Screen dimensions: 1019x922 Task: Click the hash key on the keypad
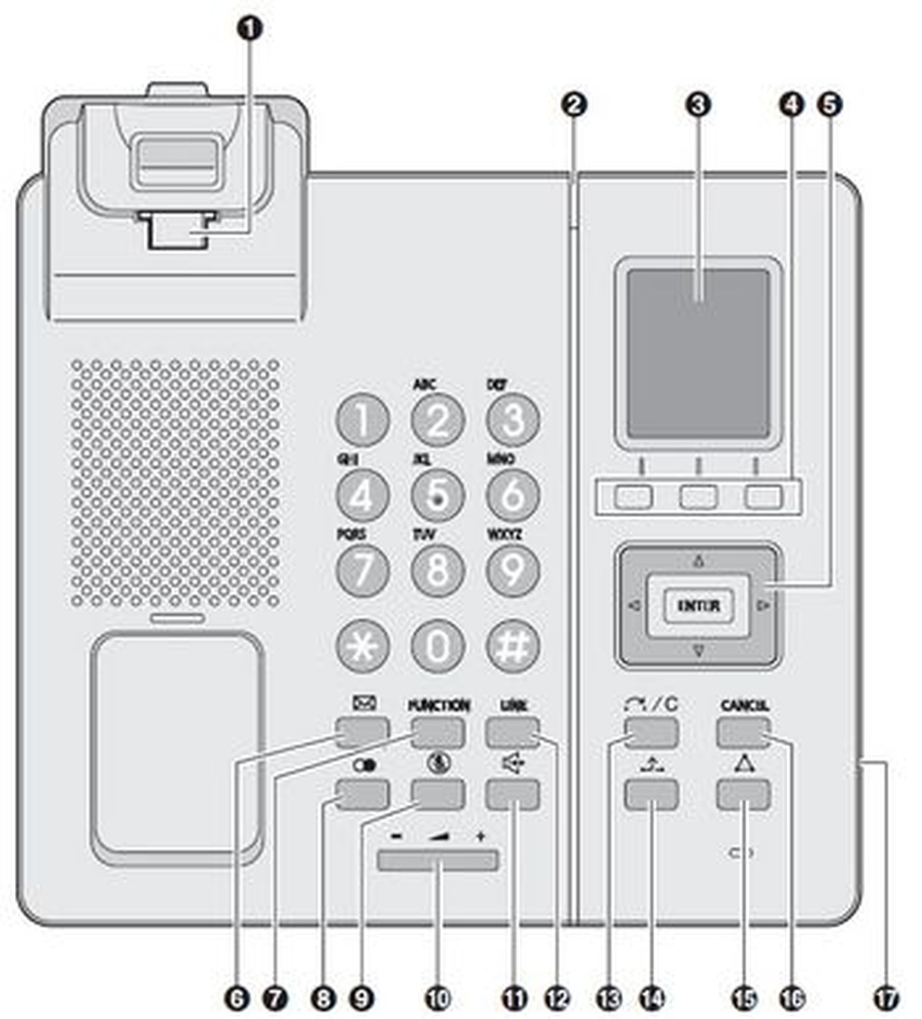click(513, 646)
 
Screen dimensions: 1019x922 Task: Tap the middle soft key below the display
click(698, 497)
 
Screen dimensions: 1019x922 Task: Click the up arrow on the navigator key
click(698, 560)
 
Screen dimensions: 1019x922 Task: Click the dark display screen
click(698, 354)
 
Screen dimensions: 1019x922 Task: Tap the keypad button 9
click(513, 571)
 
